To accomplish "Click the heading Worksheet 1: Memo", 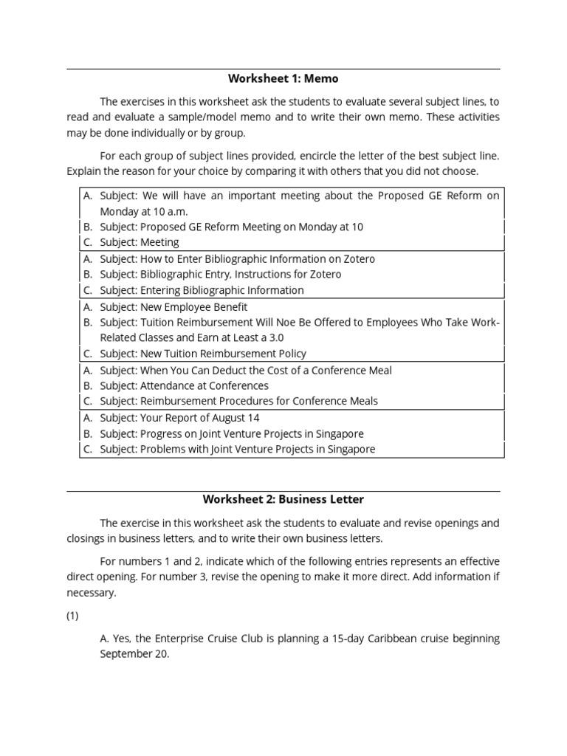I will (283, 78).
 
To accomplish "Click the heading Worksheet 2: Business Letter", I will (283, 500).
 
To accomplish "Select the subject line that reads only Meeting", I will (140, 242).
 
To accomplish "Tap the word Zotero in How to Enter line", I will (357, 258).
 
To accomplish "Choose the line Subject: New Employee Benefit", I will (173, 306).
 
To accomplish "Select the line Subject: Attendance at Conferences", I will (184, 385).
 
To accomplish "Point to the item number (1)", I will (72, 616).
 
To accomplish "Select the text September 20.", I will (134, 654).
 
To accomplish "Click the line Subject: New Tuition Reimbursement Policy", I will (203, 354).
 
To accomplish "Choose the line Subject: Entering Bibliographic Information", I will (202, 290).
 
